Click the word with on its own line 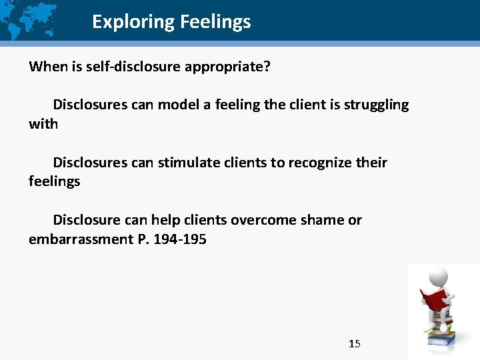(x=43, y=124)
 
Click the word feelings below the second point (x=54, y=181)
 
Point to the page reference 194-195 (x=180, y=239)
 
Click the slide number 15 (x=355, y=344)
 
